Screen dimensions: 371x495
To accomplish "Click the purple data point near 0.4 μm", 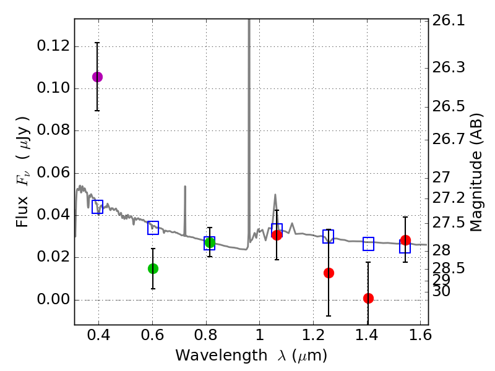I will [x=97, y=77].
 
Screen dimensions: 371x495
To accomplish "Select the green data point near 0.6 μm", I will [x=153, y=268].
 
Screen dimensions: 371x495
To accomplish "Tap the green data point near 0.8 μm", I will [x=210, y=242].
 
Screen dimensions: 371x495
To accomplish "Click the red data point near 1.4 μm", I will [x=368, y=298].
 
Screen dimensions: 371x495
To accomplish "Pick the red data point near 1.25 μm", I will [x=329, y=273].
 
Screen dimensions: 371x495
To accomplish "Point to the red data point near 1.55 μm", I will [x=405, y=241].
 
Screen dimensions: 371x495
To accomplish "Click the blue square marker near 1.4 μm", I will [x=368, y=244].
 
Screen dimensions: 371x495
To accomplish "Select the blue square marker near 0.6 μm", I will [x=153, y=228].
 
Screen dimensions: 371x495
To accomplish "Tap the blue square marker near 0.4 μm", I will [x=97, y=207].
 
